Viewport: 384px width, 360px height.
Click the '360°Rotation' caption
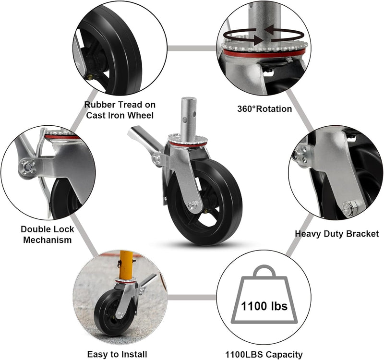264,109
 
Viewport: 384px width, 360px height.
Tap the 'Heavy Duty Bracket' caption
336,234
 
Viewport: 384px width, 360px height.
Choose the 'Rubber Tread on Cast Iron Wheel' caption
120,109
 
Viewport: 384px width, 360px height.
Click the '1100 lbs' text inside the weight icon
264,305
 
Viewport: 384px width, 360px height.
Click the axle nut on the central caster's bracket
193,205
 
